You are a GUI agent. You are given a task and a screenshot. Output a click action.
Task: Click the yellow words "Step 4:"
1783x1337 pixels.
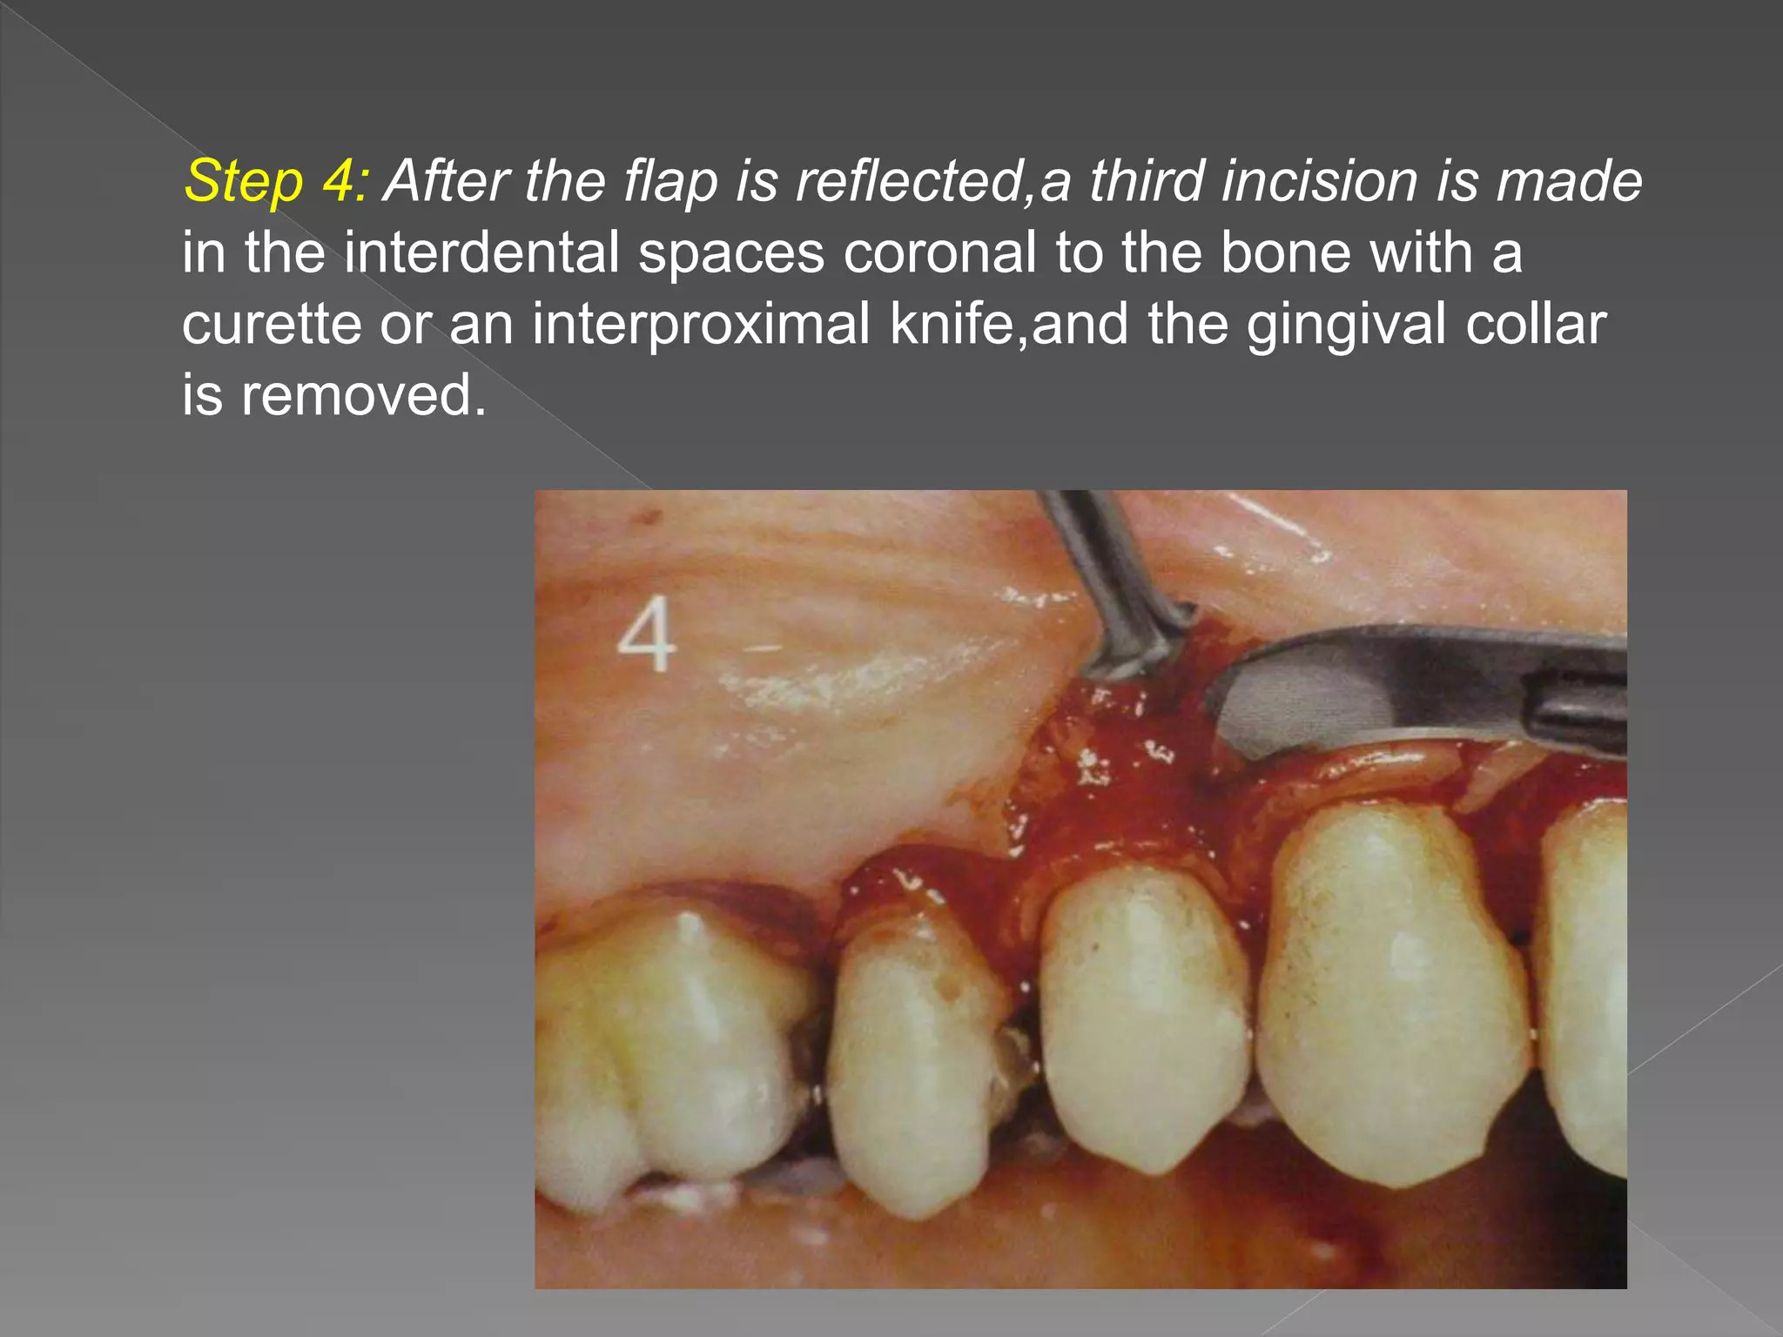click(x=277, y=182)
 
